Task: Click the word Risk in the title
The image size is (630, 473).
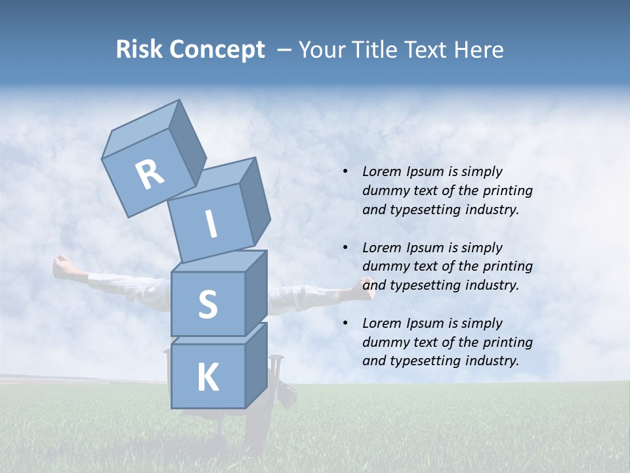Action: [140, 50]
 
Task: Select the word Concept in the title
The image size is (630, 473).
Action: [217, 51]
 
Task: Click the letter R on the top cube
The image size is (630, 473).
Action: [150, 175]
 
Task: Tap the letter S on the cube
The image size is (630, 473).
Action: [207, 304]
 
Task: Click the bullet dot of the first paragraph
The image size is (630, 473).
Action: [345, 172]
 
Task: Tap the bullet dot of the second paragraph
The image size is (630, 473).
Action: [345, 248]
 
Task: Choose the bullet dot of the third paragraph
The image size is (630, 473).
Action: [345, 323]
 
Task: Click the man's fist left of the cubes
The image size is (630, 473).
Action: [62, 266]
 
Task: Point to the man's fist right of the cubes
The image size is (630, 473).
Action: [366, 288]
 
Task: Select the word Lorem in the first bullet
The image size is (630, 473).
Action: [381, 171]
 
